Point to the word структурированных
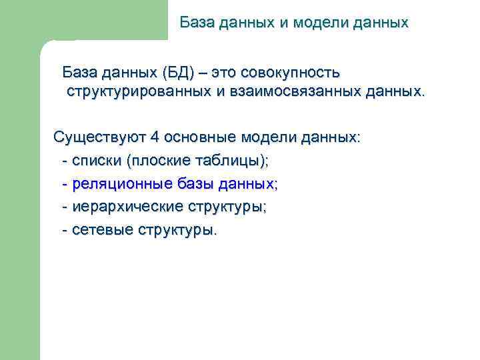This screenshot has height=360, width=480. coord(139,91)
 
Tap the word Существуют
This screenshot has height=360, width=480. coord(100,138)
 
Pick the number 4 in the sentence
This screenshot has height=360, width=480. coord(155,138)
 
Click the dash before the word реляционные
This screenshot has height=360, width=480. coord(64,183)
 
